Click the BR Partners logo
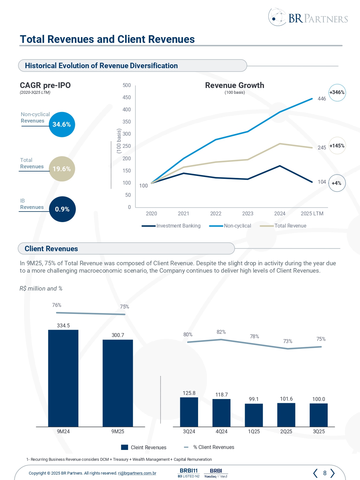click(308, 18)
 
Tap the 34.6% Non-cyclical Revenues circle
click(62, 124)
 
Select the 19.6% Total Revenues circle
click(62, 169)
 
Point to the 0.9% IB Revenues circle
click(62, 209)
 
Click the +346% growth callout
click(337, 92)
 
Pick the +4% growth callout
click(337, 183)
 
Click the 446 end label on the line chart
click(322, 99)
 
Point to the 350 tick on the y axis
click(127, 122)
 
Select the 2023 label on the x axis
click(248, 213)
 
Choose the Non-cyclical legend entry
click(237, 226)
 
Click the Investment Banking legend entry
click(178, 226)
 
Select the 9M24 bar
click(63, 378)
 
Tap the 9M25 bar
click(118, 383)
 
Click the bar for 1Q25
click(254, 415)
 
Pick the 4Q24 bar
click(221, 412)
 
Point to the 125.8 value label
click(189, 393)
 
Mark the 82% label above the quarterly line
click(221, 332)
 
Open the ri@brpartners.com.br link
click(137, 473)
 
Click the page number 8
click(325, 473)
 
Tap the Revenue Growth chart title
click(235, 85)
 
